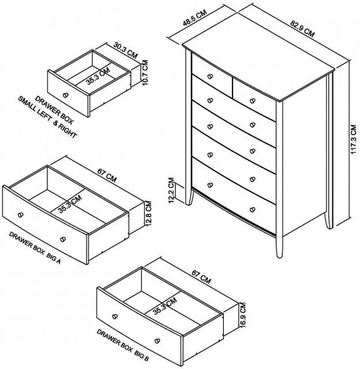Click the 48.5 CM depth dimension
195,17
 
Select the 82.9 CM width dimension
302,29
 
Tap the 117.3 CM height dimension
354,140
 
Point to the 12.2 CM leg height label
171,190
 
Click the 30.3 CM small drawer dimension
125,50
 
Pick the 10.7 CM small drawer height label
145,73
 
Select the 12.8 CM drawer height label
149,213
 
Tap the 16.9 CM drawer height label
242,315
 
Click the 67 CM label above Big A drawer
107,176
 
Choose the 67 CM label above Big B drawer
201,277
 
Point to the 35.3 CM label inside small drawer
97,76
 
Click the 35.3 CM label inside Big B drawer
164,306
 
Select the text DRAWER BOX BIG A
35,247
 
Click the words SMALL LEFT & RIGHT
47,117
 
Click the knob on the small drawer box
66,95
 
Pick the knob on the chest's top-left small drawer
210,77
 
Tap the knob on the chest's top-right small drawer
252,101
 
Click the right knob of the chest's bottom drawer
252,209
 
